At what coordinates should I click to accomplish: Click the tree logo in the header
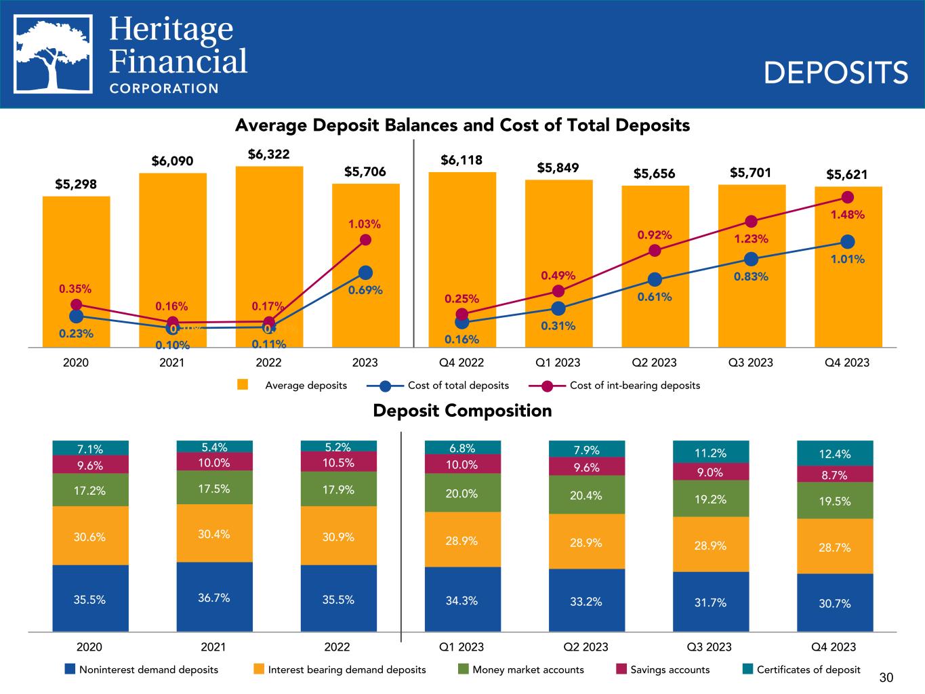click(54, 54)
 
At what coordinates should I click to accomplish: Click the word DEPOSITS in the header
click(836, 73)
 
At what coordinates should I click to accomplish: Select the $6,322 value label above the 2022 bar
click(268, 155)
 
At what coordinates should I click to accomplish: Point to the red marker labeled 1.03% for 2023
click(365, 240)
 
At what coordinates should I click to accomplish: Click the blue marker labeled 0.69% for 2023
click(365, 272)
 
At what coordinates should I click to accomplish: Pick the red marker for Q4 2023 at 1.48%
click(847, 197)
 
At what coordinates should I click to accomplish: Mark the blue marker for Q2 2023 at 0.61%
click(655, 280)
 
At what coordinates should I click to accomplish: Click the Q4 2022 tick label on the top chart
click(461, 363)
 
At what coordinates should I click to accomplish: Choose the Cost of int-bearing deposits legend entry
click(634, 386)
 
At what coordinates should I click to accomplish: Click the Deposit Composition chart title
click(462, 411)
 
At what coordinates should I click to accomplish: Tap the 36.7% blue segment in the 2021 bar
click(214, 597)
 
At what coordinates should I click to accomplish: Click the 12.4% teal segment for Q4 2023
click(835, 453)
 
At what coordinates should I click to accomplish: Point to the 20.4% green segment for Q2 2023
click(587, 495)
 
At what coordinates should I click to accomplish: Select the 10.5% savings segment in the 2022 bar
click(338, 462)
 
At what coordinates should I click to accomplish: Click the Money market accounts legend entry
click(528, 670)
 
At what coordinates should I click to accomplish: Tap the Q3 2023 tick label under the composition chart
click(710, 647)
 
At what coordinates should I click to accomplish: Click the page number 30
click(886, 677)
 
